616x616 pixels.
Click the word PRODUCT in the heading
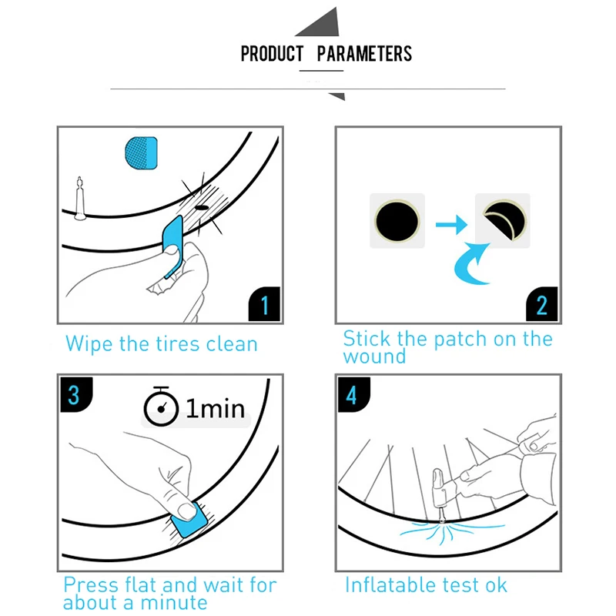click(x=272, y=54)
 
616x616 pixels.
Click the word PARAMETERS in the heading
click(x=364, y=54)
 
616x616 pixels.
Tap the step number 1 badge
click(x=264, y=304)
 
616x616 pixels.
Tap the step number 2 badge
click(x=542, y=304)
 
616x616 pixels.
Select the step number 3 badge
click(x=75, y=394)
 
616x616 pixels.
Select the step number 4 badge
click(x=353, y=394)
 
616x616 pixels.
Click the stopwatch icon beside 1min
click(x=161, y=407)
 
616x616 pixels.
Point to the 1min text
click(x=216, y=408)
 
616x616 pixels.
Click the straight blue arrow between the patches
click(x=451, y=225)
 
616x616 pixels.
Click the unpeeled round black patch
click(x=397, y=220)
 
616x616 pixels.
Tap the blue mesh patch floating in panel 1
click(x=142, y=152)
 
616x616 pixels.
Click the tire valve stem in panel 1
click(x=80, y=199)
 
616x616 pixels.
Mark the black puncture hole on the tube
click(x=202, y=207)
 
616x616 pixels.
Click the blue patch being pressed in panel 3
click(x=189, y=521)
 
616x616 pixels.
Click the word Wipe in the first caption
click(x=89, y=344)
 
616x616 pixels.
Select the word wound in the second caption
click(x=374, y=357)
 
